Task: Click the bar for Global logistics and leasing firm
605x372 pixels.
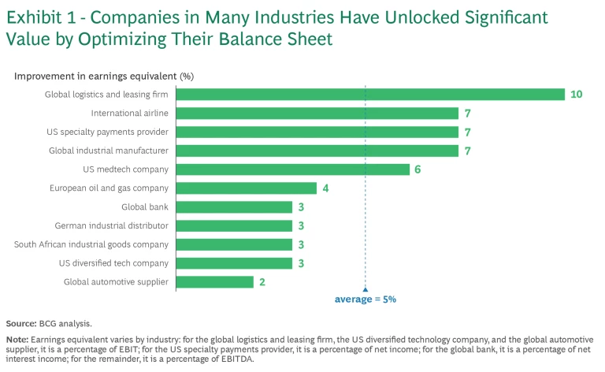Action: (x=370, y=95)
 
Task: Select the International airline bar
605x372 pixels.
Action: (x=317, y=113)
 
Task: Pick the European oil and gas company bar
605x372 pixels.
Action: (x=246, y=188)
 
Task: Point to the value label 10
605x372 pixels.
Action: (x=576, y=95)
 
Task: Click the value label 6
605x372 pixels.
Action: (x=418, y=169)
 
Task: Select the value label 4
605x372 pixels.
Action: (x=324, y=188)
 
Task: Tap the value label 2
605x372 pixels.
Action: (x=261, y=282)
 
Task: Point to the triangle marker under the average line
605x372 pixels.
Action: (x=365, y=289)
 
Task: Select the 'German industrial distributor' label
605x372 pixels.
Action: (x=112, y=225)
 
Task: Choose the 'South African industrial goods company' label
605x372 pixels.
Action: (x=91, y=244)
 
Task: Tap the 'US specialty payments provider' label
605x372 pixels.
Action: (x=107, y=132)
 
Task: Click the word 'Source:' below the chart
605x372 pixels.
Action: (x=21, y=324)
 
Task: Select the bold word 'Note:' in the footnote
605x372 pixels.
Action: (x=18, y=340)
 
